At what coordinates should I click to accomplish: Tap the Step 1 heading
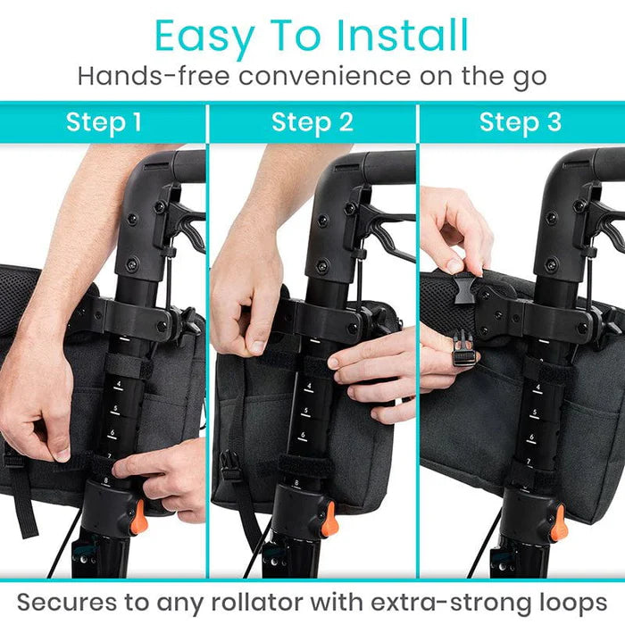pos(104,122)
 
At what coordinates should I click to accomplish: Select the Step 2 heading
pos(312,122)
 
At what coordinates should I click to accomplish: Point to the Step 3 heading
pos(521,122)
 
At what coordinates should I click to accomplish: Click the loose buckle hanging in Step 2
pos(231,467)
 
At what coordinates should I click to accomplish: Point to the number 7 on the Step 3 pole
pos(529,461)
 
